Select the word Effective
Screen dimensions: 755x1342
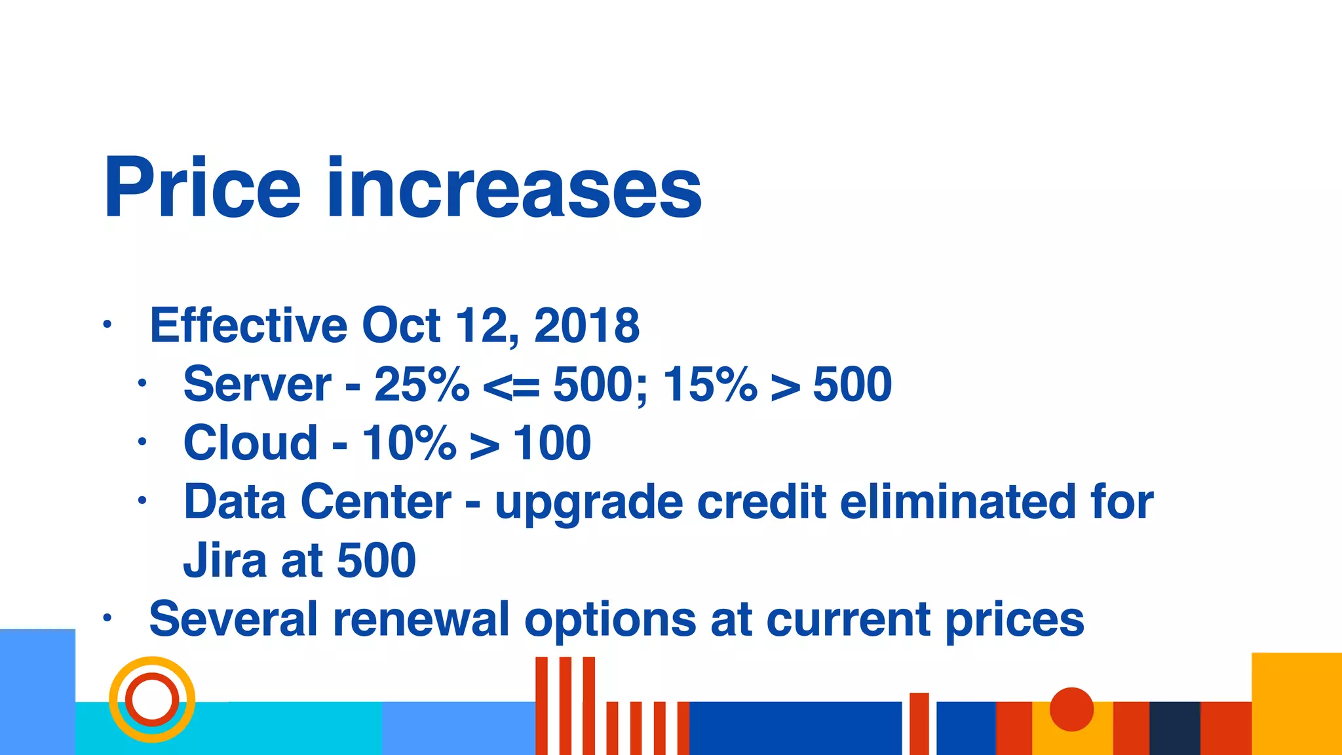click(x=248, y=325)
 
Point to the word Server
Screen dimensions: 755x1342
click(x=257, y=384)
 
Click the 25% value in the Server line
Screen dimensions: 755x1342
click(x=421, y=384)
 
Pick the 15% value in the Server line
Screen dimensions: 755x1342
click(x=710, y=384)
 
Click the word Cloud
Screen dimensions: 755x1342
click(x=250, y=443)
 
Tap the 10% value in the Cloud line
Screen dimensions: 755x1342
click(x=409, y=443)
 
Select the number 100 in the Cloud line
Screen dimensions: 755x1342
click(x=551, y=443)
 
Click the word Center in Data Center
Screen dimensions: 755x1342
click(x=375, y=502)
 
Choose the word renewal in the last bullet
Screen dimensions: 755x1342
click(x=421, y=619)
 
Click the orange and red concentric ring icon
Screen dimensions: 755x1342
click(x=152, y=699)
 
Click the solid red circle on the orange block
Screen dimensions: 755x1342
click(x=1071, y=709)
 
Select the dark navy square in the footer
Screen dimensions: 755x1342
click(x=1174, y=727)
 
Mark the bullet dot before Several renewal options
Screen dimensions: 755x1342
click(x=107, y=618)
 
